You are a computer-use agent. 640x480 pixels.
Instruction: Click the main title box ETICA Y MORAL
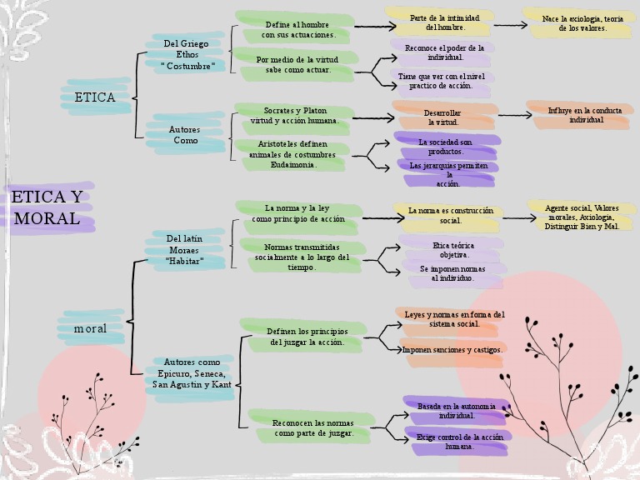point(47,208)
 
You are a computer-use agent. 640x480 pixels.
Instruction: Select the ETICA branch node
point(94,97)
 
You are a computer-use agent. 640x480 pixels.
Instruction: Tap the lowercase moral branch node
point(90,328)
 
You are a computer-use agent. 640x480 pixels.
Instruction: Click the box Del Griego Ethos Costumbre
point(187,54)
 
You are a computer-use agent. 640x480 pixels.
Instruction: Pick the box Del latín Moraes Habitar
point(185,250)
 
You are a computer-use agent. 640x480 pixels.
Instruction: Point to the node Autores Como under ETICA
point(185,135)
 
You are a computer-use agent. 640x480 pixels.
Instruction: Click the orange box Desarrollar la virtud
point(442,117)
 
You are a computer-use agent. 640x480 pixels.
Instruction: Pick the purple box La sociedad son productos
point(445,147)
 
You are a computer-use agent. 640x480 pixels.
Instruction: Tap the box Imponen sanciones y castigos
point(452,350)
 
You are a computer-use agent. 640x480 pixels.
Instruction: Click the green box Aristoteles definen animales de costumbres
point(292,154)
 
